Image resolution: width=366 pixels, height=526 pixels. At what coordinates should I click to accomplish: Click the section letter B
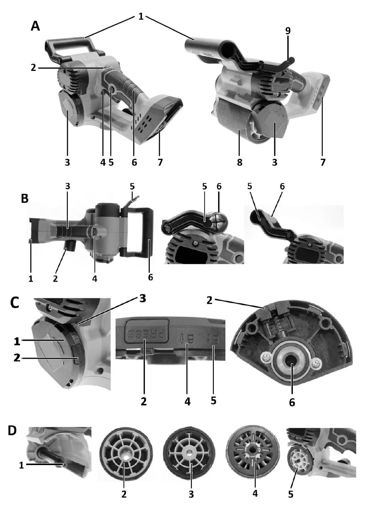[x=25, y=199]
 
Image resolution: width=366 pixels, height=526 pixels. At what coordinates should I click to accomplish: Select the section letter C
[x=15, y=302]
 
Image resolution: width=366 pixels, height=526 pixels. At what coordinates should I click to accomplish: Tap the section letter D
[x=13, y=430]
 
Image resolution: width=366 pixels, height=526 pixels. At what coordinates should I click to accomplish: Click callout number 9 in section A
[x=288, y=31]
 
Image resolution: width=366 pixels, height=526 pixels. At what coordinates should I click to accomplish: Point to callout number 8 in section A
[x=240, y=163]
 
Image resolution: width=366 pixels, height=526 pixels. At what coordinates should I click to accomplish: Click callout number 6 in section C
[x=292, y=402]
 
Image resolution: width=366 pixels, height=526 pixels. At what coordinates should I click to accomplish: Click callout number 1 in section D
[x=22, y=466]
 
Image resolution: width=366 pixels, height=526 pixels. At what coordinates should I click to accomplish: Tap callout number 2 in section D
[x=124, y=494]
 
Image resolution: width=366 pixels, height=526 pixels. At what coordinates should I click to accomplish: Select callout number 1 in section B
[x=31, y=278]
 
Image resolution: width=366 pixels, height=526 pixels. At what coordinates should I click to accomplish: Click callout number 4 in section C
[x=187, y=402]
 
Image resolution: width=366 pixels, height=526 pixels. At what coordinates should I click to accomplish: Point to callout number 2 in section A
[x=34, y=67]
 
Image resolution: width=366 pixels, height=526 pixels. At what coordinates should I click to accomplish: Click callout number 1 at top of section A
[x=141, y=17]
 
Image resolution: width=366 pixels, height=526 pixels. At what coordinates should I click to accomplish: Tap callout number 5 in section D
[x=291, y=494]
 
